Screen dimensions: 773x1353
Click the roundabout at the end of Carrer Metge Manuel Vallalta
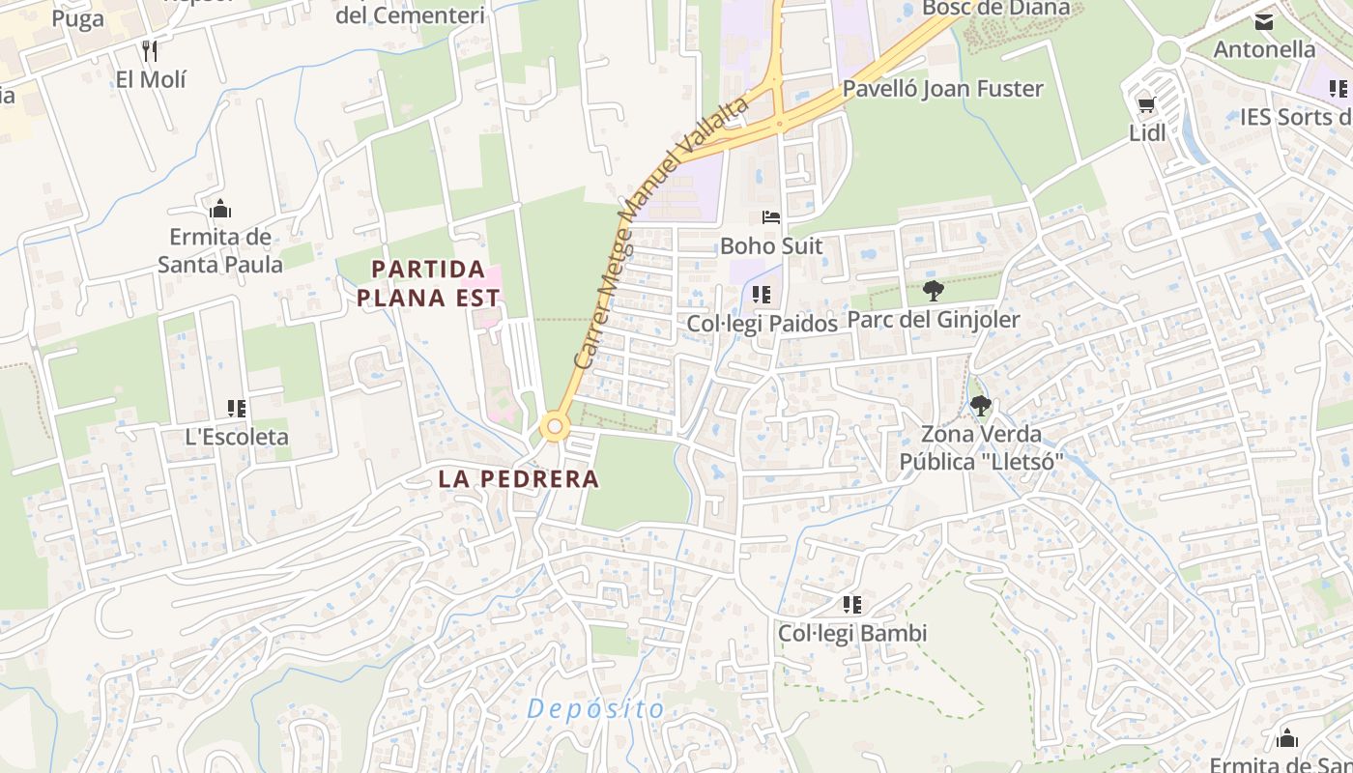[x=554, y=426]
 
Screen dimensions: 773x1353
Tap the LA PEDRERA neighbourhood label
[x=518, y=478]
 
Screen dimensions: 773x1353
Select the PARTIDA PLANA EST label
[x=428, y=283]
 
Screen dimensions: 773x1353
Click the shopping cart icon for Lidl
[x=1146, y=104]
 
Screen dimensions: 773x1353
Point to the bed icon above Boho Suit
[x=770, y=217]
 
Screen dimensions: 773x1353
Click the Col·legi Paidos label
[x=763, y=324]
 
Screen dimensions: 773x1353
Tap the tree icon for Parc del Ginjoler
[x=933, y=290]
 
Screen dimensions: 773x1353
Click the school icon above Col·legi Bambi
[x=851, y=606]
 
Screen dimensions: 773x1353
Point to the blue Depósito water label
[x=596, y=709]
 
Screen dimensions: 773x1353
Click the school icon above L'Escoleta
[x=236, y=409]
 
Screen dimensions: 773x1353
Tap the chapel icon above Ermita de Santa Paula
[x=220, y=209]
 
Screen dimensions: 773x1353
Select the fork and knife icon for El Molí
[x=150, y=50]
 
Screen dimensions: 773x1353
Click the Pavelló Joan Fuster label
[x=943, y=89]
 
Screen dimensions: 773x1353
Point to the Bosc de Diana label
[x=996, y=8]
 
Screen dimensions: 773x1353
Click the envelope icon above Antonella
[x=1263, y=21]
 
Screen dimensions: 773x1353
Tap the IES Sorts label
[x=1294, y=118]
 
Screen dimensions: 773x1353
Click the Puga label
[x=77, y=19]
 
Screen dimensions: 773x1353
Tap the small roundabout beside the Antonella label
[x=1168, y=52]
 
